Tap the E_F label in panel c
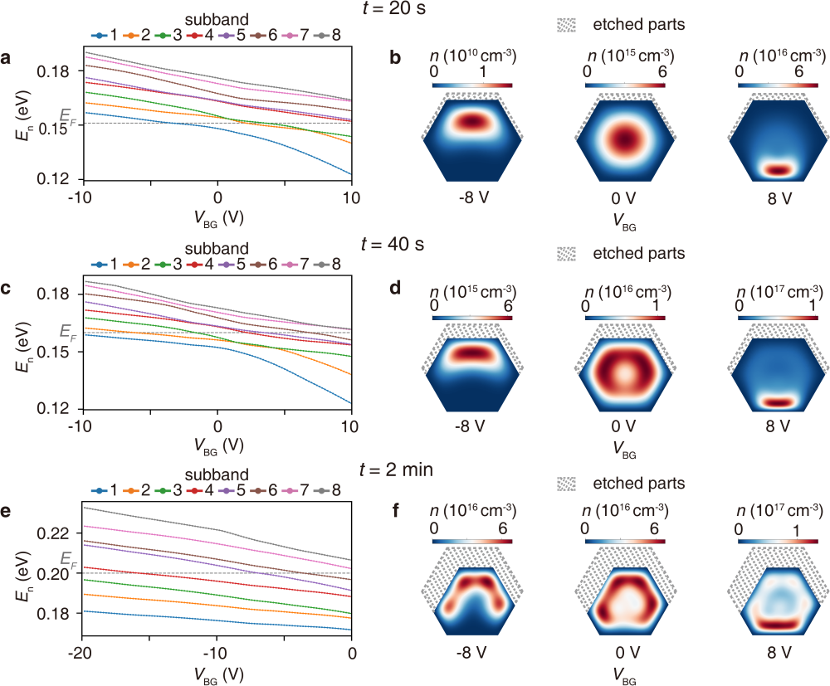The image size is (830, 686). (x=67, y=331)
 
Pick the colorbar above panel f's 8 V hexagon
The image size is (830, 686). (x=777, y=541)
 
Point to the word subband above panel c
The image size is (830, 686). (x=211, y=249)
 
